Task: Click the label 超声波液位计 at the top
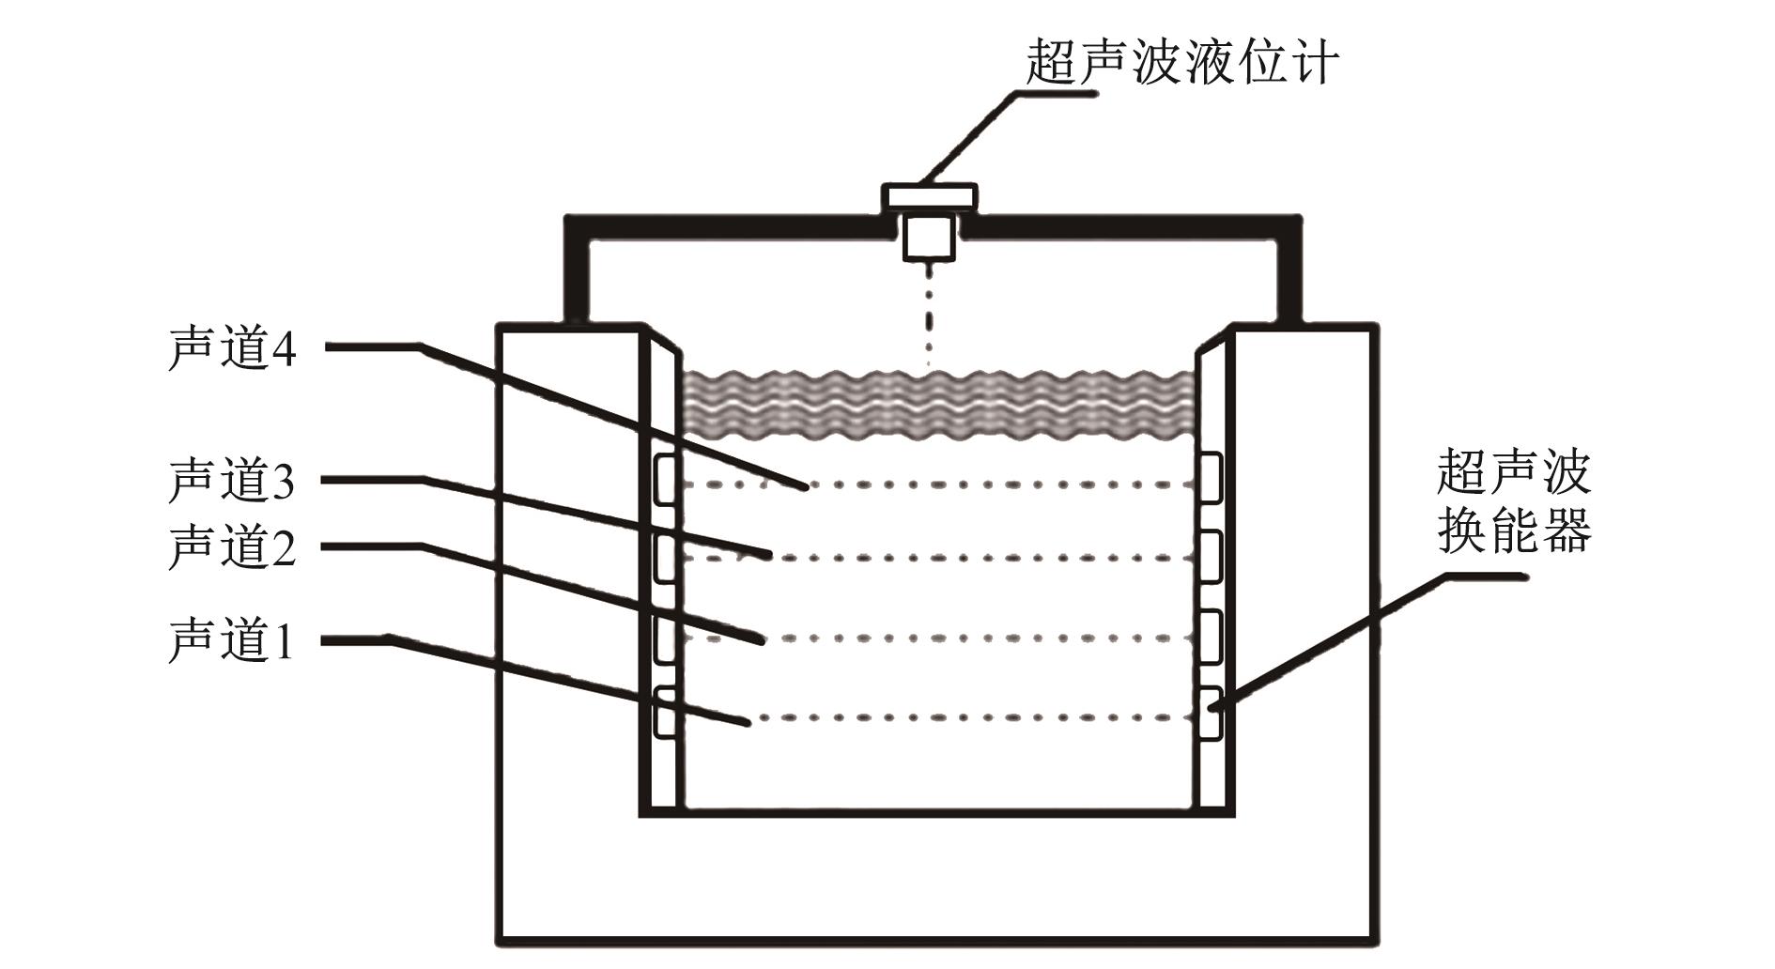tap(1181, 62)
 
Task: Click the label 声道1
tap(231, 641)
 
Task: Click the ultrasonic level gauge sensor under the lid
tap(929, 238)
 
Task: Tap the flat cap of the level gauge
tap(929, 196)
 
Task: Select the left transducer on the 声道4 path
tap(666, 478)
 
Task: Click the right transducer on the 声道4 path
tap(1210, 477)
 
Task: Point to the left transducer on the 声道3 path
tap(666, 558)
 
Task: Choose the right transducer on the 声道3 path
tap(1210, 556)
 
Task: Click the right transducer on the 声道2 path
tap(1210, 636)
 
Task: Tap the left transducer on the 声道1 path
tap(666, 712)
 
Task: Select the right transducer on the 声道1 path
tap(1210, 713)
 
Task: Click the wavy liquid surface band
tap(939, 405)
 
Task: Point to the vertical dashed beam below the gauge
tap(929, 315)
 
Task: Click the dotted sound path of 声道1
tap(967, 718)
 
